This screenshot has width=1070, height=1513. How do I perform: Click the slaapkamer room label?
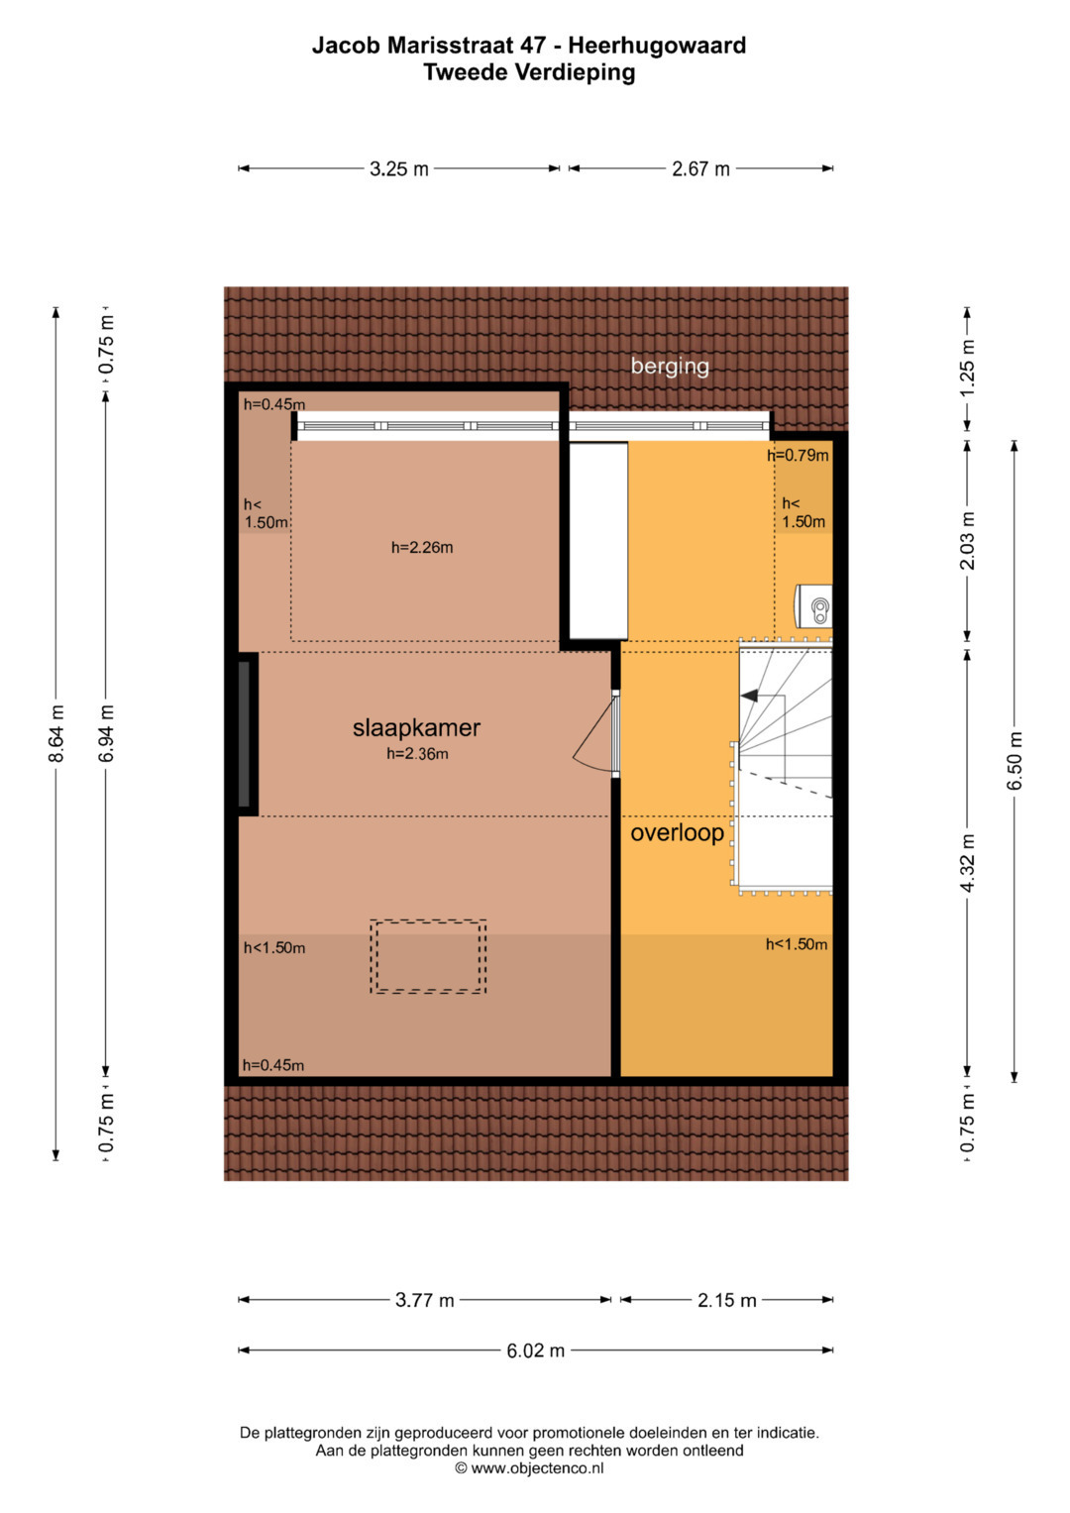click(x=416, y=728)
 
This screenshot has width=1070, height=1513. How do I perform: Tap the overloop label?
click(x=677, y=833)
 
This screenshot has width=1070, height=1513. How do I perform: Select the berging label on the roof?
click(x=670, y=367)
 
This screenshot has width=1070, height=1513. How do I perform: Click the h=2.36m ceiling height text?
click(x=417, y=754)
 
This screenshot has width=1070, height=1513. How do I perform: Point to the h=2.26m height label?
click(x=422, y=548)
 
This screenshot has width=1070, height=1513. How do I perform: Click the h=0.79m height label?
click(x=798, y=455)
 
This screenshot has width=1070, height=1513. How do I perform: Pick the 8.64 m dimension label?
click(x=56, y=733)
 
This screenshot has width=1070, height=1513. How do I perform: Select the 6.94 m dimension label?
click(x=106, y=733)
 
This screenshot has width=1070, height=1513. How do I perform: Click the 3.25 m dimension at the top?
click(x=398, y=168)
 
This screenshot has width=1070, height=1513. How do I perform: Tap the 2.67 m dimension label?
click(x=700, y=168)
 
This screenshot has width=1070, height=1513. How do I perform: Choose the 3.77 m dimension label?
click(x=424, y=1300)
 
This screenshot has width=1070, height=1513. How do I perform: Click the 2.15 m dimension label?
click(x=727, y=1300)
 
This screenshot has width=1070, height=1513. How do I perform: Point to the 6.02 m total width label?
click(x=536, y=1351)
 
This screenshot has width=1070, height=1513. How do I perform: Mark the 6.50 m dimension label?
click(x=1016, y=761)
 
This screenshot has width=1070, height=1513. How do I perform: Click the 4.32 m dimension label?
click(x=967, y=863)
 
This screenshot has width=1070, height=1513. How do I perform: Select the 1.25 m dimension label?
click(x=967, y=368)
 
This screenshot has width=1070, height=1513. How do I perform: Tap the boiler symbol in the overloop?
click(x=813, y=606)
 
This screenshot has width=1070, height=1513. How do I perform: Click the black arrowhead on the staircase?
click(x=749, y=696)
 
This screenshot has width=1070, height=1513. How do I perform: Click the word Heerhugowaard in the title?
click(x=657, y=46)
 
